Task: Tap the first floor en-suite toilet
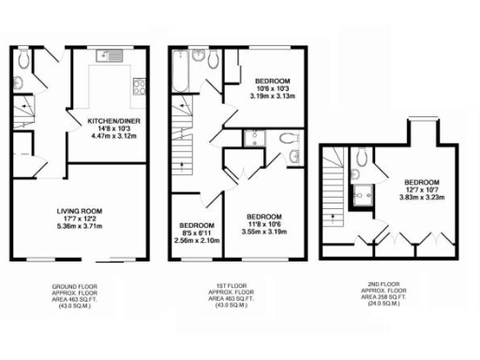(x=292, y=153)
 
